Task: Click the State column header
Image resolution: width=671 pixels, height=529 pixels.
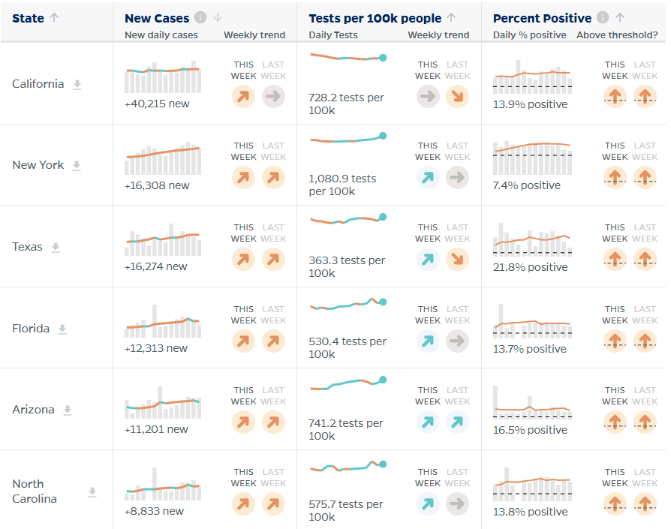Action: tap(28, 19)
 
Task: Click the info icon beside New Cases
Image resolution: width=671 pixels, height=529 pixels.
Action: tap(200, 17)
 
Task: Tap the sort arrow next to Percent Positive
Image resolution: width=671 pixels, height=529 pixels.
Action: tap(620, 17)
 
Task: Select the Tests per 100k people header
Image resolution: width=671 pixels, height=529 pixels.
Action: tap(375, 19)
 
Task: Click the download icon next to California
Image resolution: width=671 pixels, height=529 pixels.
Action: tap(77, 84)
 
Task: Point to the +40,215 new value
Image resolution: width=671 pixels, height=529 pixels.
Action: tap(157, 104)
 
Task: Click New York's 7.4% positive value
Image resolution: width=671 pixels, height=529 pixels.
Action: tap(526, 185)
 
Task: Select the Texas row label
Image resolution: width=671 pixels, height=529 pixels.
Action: tap(27, 247)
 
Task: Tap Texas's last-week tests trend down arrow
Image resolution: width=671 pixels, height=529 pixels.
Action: tap(457, 259)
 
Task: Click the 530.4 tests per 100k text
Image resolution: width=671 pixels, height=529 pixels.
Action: tap(347, 347)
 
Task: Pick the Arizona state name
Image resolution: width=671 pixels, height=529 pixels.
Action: tap(33, 410)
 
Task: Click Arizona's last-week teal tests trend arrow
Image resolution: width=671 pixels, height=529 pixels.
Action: tap(457, 422)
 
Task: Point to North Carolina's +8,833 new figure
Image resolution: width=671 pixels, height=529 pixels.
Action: tap(154, 511)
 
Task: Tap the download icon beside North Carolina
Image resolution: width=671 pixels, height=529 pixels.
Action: tap(92, 492)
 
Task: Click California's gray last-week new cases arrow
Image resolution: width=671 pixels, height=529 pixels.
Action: tap(273, 96)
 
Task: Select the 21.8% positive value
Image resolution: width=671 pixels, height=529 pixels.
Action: tap(530, 267)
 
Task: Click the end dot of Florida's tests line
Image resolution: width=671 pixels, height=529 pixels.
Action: tap(383, 302)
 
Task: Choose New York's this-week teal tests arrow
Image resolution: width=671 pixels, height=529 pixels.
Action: tap(428, 178)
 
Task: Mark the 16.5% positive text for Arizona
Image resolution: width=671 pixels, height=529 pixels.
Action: tap(530, 430)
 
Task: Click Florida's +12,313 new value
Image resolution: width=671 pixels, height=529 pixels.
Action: tap(156, 348)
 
